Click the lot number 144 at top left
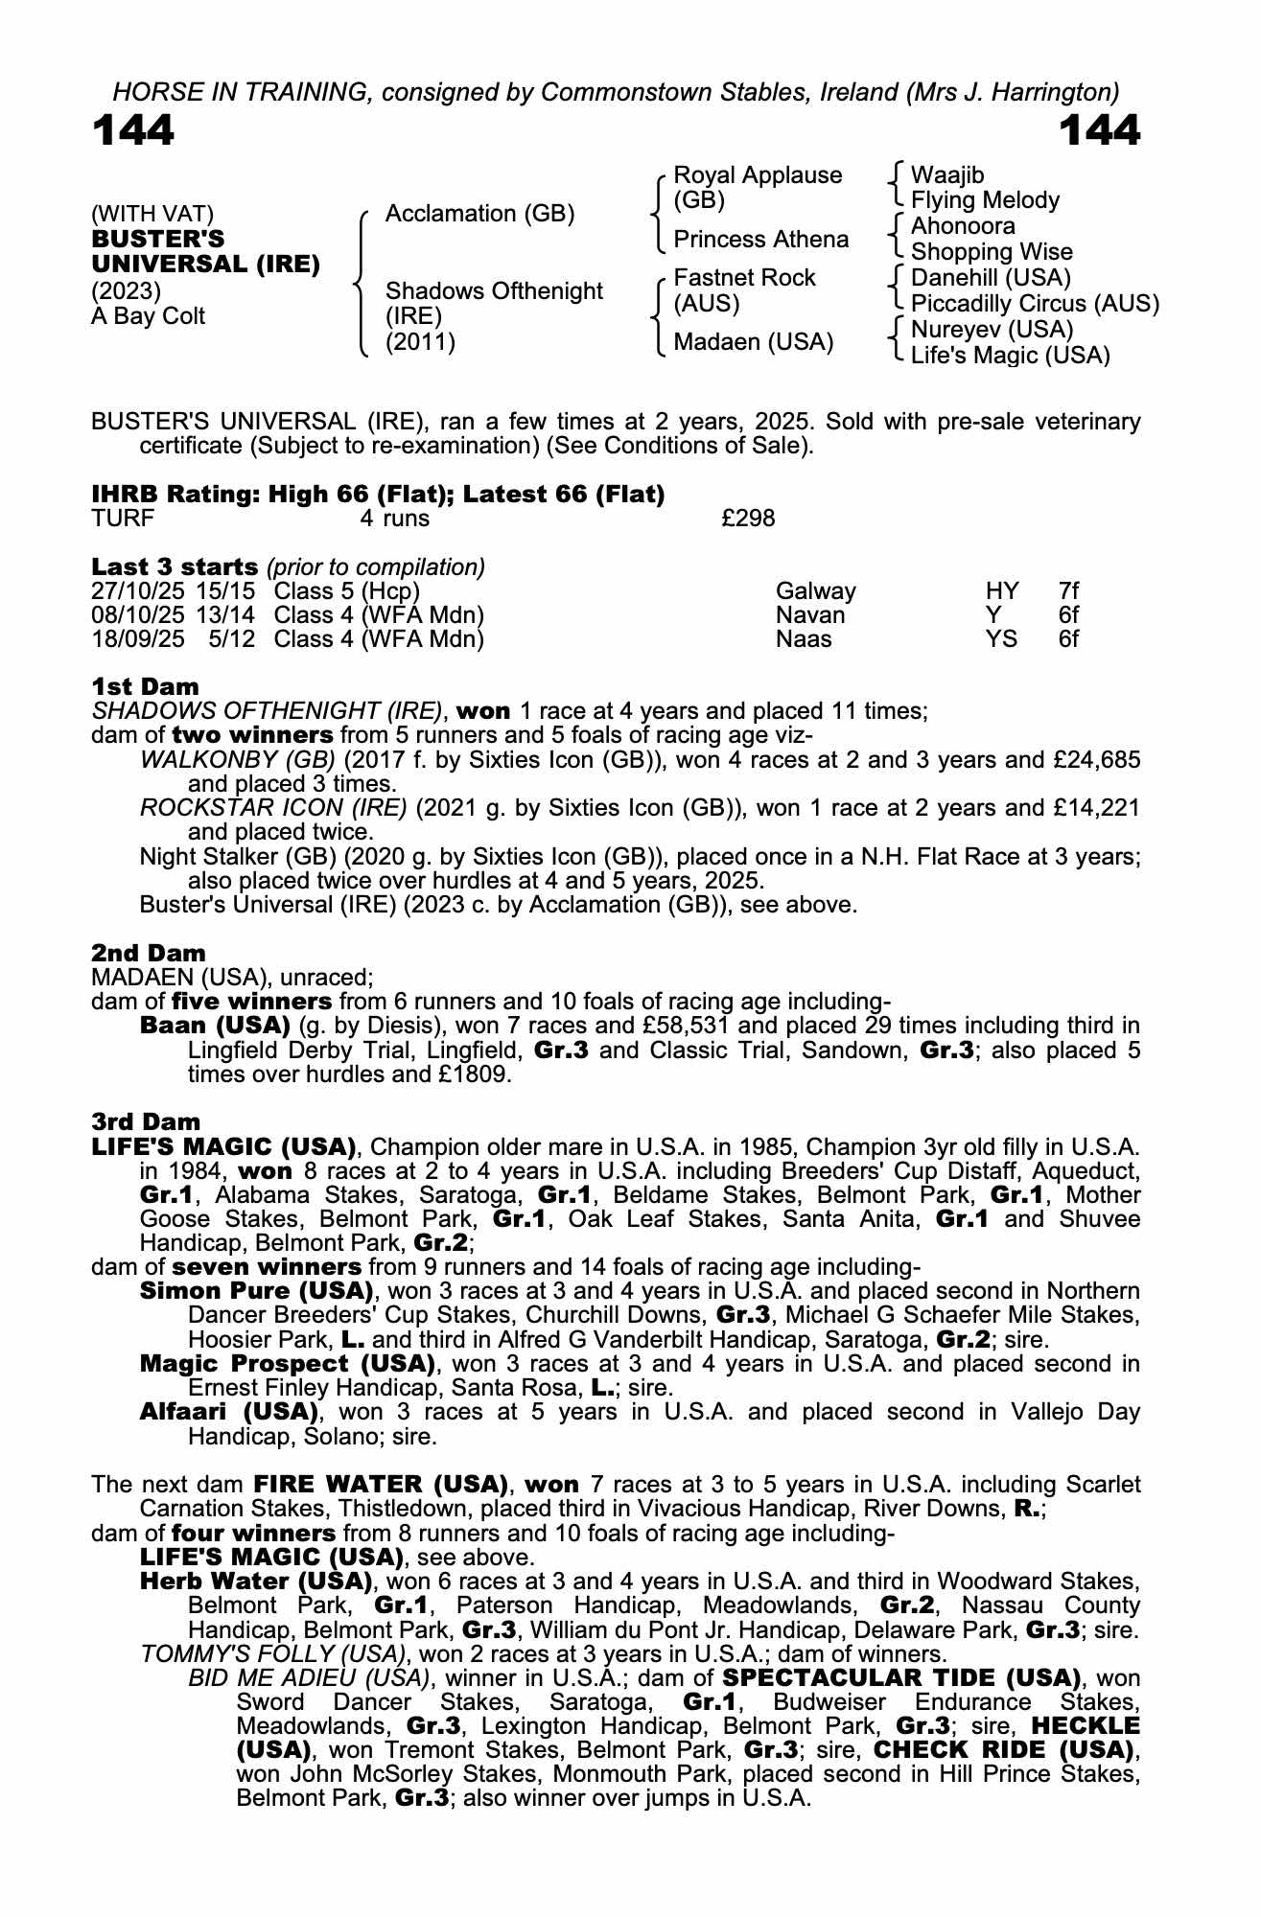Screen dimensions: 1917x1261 133,131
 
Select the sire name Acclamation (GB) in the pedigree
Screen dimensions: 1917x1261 479,214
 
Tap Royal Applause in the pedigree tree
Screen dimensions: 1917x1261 758,176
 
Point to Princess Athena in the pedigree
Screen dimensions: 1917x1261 760,240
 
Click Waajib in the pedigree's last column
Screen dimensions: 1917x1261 946,175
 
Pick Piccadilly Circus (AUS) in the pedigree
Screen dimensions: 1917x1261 1035,304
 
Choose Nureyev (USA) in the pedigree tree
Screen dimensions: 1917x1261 992,330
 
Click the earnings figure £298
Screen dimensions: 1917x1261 748,520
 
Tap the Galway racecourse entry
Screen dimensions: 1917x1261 815,591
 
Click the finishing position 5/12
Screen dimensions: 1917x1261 231,639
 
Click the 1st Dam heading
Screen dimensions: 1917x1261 146,686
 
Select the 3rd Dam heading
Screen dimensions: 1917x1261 146,1121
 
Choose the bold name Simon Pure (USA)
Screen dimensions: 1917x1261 256,1290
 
